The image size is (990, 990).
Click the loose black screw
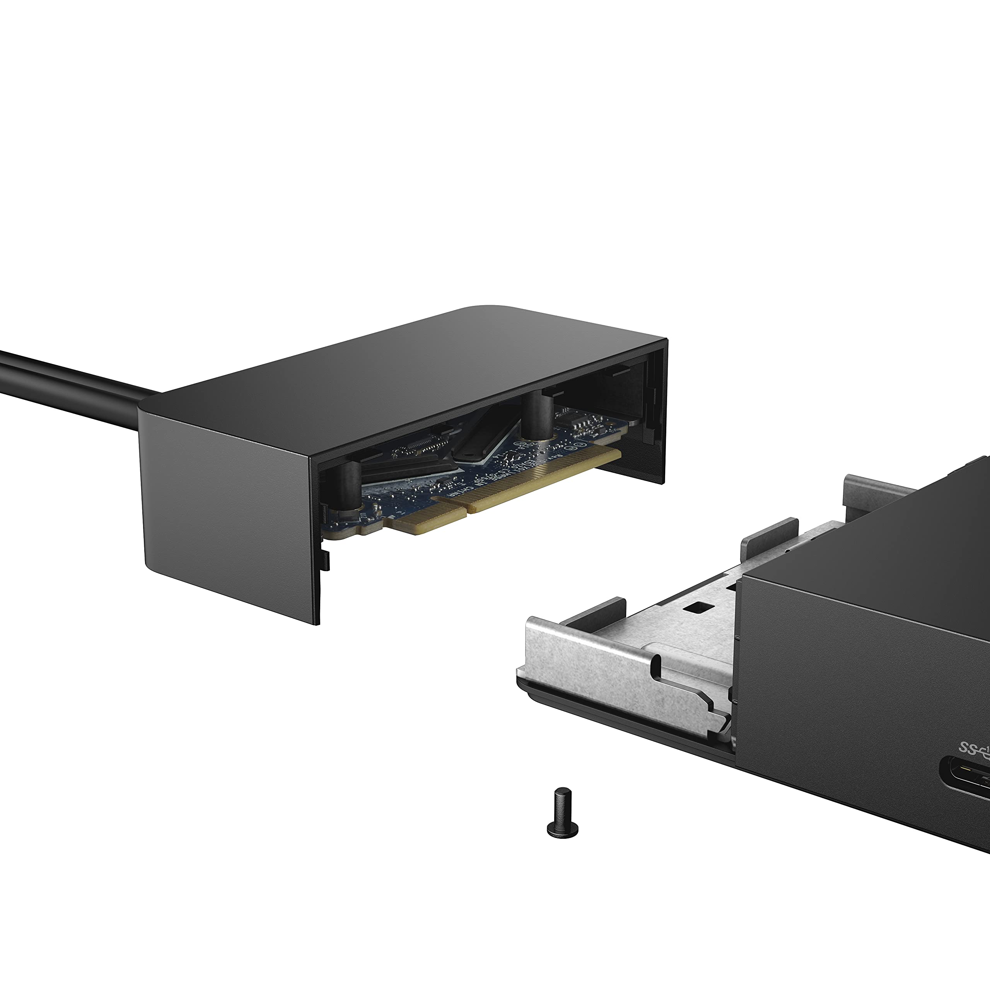coord(563,812)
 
